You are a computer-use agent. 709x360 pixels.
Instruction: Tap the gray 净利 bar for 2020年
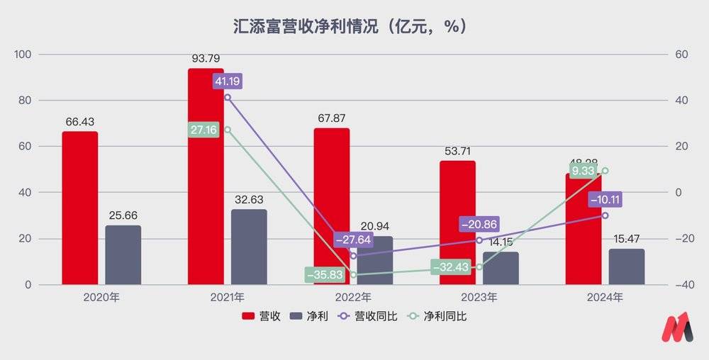click(x=123, y=255)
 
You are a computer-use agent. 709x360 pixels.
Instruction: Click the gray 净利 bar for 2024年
click(x=627, y=266)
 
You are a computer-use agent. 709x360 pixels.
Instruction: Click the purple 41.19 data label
click(x=228, y=81)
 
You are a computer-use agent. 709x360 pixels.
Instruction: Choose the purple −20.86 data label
click(x=479, y=224)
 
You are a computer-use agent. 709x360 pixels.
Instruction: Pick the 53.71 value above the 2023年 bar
click(x=457, y=152)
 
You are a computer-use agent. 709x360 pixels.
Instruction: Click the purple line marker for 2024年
click(x=605, y=215)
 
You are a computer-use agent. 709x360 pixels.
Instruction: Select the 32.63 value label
click(x=248, y=201)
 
